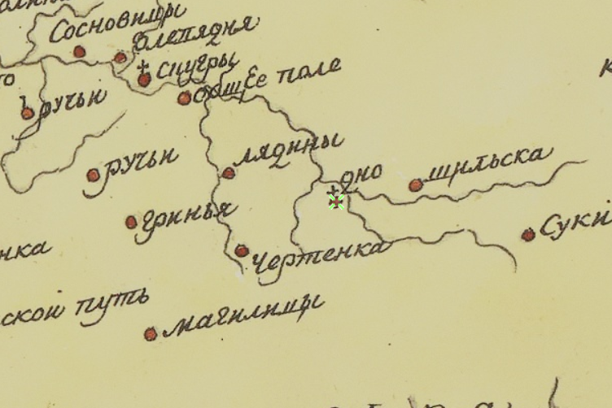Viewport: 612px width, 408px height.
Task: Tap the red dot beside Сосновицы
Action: tap(79, 52)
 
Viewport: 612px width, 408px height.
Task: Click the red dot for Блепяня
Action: tap(120, 58)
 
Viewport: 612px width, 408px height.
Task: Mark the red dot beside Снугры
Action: tap(144, 80)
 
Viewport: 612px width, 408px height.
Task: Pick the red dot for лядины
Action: tap(229, 172)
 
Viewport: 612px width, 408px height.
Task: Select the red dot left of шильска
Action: tap(416, 185)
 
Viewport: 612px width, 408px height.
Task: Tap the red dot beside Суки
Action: tap(528, 235)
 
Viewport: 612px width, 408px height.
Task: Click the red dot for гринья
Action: tap(131, 222)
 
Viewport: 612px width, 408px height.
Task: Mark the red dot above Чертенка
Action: tap(242, 251)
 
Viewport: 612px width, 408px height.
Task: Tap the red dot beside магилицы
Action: tap(150, 333)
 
